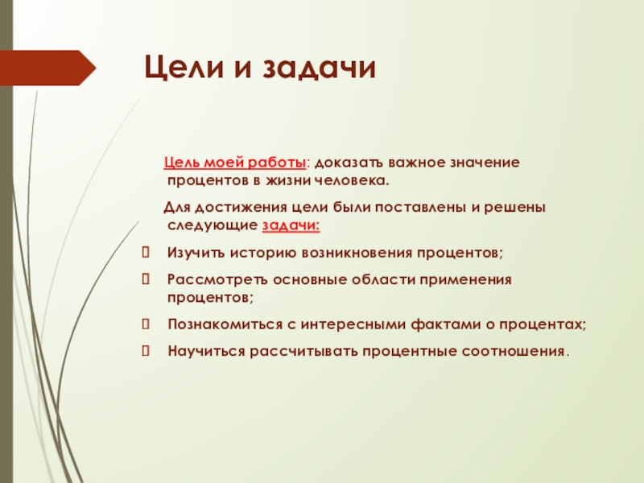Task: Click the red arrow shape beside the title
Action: (x=48, y=68)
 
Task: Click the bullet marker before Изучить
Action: (x=146, y=254)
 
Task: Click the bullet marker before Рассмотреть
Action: (x=146, y=279)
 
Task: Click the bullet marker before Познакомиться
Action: (x=146, y=324)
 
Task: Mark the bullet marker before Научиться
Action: (x=146, y=351)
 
